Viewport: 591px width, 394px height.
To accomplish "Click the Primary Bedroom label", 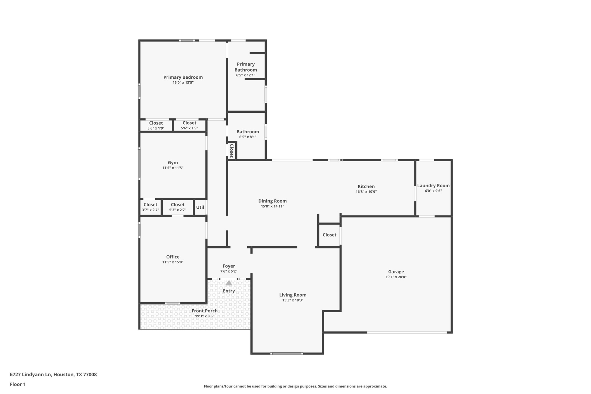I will pyautogui.click(x=183, y=77).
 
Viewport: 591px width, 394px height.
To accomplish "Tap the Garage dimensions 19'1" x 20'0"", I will pyautogui.click(x=396, y=277).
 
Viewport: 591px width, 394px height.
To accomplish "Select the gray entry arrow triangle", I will pyautogui.click(x=229, y=283).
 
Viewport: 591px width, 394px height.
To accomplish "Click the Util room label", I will pyautogui.click(x=200, y=207).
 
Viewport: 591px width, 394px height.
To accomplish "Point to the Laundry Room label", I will pyautogui.click(x=433, y=186).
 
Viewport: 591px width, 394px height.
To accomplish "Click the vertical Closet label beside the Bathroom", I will pyautogui.click(x=232, y=151).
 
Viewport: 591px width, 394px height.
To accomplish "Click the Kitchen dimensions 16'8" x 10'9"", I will pyautogui.click(x=366, y=192).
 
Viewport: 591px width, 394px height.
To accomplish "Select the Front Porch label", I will pyautogui.click(x=204, y=311).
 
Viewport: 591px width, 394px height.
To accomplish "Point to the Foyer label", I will pyautogui.click(x=229, y=266).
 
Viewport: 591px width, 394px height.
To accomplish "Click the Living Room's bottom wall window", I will pyautogui.click(x=287, y=353).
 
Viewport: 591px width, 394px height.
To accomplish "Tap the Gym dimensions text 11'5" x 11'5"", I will pyautogui.click(x=173, y=168).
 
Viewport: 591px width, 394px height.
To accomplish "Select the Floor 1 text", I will pyautogui.click(x=18, y=384).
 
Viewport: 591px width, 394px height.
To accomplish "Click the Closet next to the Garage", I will pyautogui.click(x=329, y=235).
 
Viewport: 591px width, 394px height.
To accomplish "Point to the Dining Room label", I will pyautogui.click(x=272, y=201).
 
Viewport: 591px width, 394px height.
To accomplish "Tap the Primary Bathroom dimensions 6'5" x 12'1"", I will pyautogui.click(x=245, y=75).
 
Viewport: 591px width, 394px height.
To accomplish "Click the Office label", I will pyautogui.click(x=173, y=257).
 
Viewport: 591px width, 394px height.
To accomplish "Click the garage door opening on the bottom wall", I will pyautogui.click(x=407, y=332).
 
